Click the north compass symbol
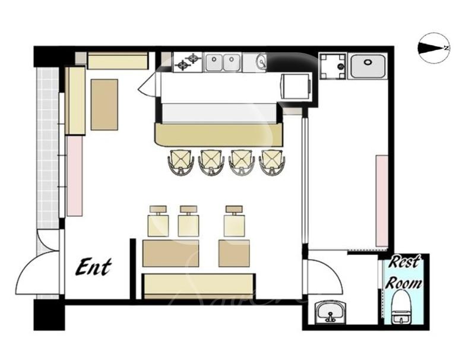(x=434, y=48)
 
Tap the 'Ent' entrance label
(x=94, y=267)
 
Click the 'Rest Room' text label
(x=404, y=273)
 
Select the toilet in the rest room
(x=402, y=307)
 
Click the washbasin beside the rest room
(x=331, y=312)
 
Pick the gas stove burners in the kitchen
(x=188, y=62)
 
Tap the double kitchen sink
(x=223, y=62)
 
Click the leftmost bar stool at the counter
(x=181, y=162)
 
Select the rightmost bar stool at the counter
(x=272, y=162)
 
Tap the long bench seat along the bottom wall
(x=198, y=286)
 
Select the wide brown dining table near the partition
(x=170, y=253)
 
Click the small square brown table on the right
(x=234, y=253)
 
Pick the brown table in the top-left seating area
(x=104, y=105)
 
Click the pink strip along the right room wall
(x=382, y=201)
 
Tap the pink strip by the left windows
(x=75, y=175)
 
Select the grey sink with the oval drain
(x=368, y=65)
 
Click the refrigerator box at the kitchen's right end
(x=296, y=86)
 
